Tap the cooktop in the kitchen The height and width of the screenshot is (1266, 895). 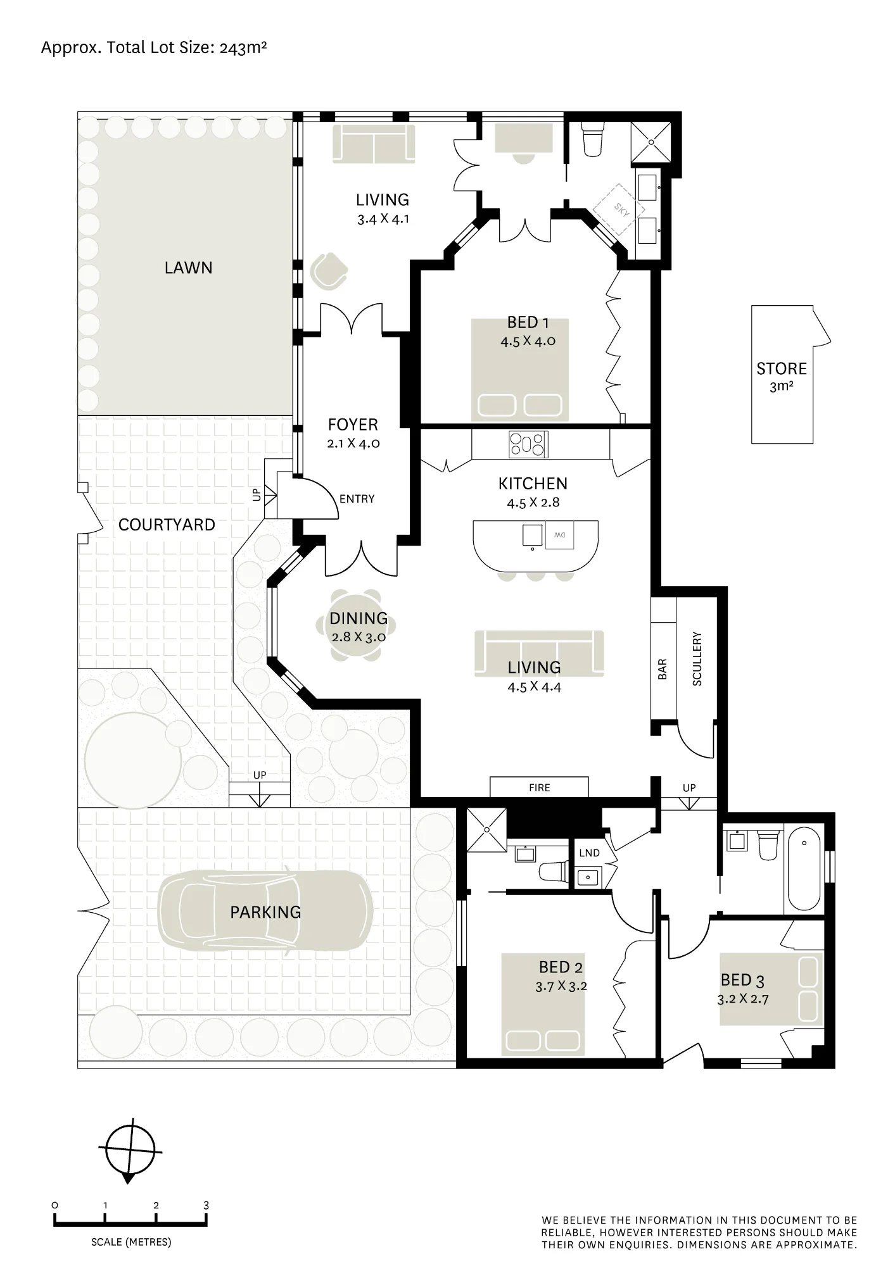coord(529,444)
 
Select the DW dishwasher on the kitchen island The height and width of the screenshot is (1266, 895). coord(560,536)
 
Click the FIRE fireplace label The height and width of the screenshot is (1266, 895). coord(540,788)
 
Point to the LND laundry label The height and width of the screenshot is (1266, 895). coord(589,853)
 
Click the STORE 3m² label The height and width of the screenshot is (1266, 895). coord(782,377)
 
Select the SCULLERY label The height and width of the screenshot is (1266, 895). coord(697,658)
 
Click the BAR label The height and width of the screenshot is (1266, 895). coord(663,669)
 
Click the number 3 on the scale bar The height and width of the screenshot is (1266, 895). coord(206,1206)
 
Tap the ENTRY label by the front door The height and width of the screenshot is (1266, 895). coord(357,499)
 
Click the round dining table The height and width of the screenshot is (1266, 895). coord(357,625)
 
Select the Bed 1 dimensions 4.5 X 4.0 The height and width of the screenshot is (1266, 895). coord(528,341)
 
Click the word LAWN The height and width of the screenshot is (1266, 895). coord(188,268)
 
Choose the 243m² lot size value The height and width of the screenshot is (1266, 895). coord(243,48)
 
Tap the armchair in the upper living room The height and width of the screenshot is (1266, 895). coord(329,270)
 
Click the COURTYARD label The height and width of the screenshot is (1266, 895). coord(167,525)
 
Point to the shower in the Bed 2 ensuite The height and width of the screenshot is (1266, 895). coord(486,829)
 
